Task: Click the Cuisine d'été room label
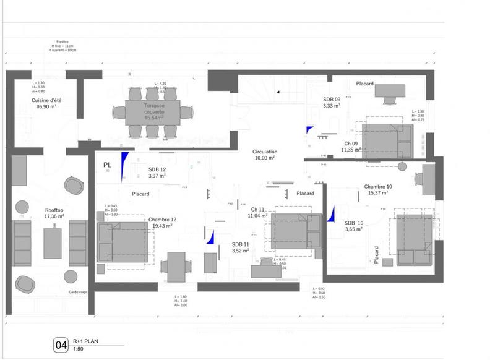click(x=46, y=103)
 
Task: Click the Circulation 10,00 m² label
click(x=264, y=155)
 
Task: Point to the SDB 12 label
click(x=157, y=173)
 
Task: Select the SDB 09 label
click(x=332, y=102)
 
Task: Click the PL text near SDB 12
click(x=107, y=165)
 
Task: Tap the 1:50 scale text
click(x=78, y=349)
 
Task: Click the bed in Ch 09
click(x=387, y=140)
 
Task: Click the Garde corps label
click(x=77, y=291)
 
